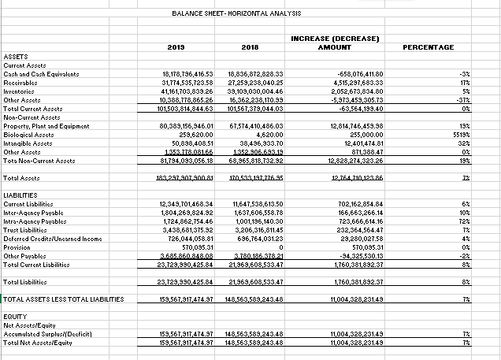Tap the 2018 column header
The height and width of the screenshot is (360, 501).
(x=251, y=48)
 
